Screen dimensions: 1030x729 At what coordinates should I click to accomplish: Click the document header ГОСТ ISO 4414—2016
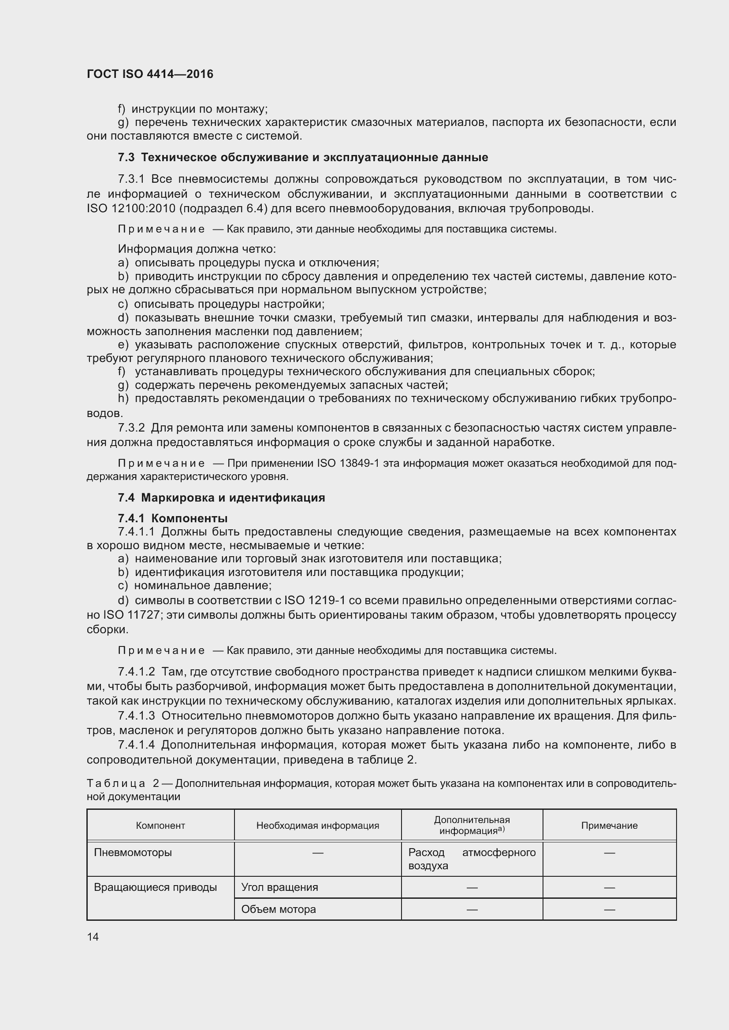coord(150,74)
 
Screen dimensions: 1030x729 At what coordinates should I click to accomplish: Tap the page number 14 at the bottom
coord(93,937)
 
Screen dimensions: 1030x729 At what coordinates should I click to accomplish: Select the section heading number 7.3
coord(126,158)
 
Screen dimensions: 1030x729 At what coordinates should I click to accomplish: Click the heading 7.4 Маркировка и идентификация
coord(221,498)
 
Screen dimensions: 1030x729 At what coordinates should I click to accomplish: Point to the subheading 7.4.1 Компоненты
coord(173,518)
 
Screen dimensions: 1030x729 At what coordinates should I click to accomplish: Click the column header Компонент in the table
coord(160,825)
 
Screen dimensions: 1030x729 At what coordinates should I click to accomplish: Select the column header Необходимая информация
coord(317,825)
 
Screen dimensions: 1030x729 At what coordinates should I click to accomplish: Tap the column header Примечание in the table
coord(609,825)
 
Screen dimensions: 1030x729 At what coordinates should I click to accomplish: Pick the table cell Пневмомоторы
coord(133,853)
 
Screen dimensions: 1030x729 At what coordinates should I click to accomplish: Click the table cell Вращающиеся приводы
coord(155,887)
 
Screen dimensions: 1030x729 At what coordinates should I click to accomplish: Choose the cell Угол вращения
coord(279,887)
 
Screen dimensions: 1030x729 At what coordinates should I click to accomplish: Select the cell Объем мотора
coord(278,909)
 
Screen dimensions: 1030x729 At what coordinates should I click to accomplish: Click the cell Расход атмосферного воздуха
coord(471,859)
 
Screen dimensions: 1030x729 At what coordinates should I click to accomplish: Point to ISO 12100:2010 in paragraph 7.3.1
coord(120,209)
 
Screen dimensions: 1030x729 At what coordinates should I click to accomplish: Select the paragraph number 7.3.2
coord(131,428)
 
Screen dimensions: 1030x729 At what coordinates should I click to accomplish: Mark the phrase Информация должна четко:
coord(197,249)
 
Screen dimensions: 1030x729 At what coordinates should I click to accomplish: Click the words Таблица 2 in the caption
coord(123,783)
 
